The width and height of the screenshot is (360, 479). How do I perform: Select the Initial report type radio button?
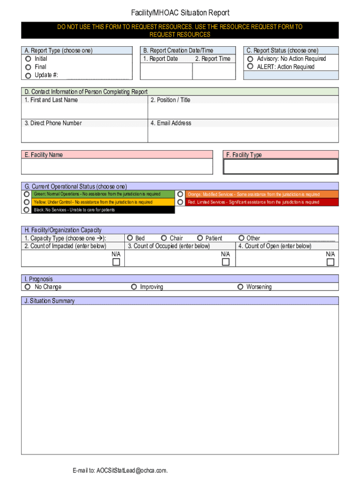[x=29, y=59]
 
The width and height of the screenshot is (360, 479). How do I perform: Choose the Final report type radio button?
[x=29, y=67]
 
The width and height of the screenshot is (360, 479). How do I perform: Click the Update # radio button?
[x=29, y=75]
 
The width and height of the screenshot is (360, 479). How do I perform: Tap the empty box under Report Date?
[x=166, y=71]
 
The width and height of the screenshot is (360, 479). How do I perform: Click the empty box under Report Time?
[x=213, y=71]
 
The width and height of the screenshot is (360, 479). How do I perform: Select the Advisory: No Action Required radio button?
[x=251, y=59]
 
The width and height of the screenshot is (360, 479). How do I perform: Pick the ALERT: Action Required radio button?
[x=251, y=67]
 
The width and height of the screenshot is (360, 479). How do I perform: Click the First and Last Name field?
[x=85, y=111]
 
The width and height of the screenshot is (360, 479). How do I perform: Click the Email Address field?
[x=243, y=134]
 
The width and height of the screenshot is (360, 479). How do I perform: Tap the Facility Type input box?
[x=281, y=167]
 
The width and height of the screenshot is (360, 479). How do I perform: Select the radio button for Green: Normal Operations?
[x=27, y=194]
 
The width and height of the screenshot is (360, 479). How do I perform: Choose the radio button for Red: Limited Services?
[x=180, y=202]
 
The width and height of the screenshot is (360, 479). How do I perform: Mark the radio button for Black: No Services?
[x=27, y=210]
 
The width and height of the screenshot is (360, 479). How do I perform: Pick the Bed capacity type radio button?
[x=130, y=238]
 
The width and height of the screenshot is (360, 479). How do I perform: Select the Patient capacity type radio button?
[x=200, y=238]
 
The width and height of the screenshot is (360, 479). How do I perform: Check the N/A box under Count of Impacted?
[x=116, y=262]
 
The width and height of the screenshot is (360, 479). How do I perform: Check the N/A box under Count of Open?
[x=331, y=262]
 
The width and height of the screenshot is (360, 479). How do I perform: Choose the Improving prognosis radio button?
[x=134, y=287]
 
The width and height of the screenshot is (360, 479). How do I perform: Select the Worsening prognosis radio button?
[x=240, y=287]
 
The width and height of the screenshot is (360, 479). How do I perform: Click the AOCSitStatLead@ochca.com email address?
[x=132, y=470]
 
